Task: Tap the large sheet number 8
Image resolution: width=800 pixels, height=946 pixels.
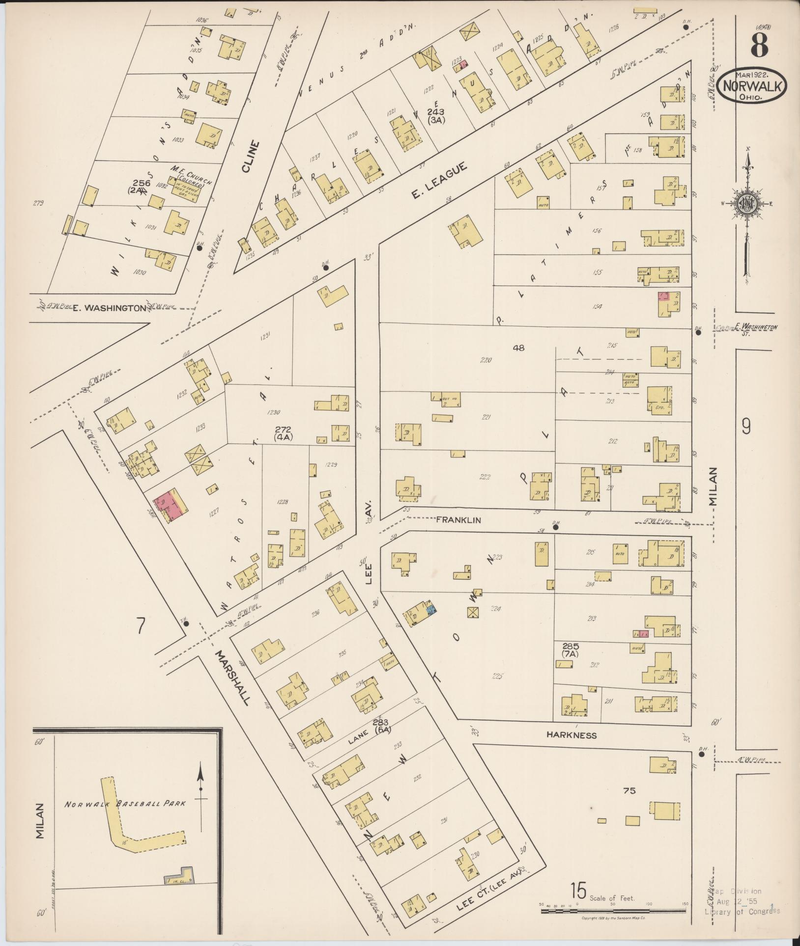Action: point(759,46)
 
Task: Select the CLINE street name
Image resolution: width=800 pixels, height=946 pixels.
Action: point(250,156)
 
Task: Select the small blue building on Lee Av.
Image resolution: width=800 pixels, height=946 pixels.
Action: point(431,610)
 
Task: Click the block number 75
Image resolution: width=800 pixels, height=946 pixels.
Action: point(629,790)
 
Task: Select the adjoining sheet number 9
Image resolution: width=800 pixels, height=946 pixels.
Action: point(746,428)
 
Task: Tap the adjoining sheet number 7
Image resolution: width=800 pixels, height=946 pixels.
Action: point(141,625)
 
